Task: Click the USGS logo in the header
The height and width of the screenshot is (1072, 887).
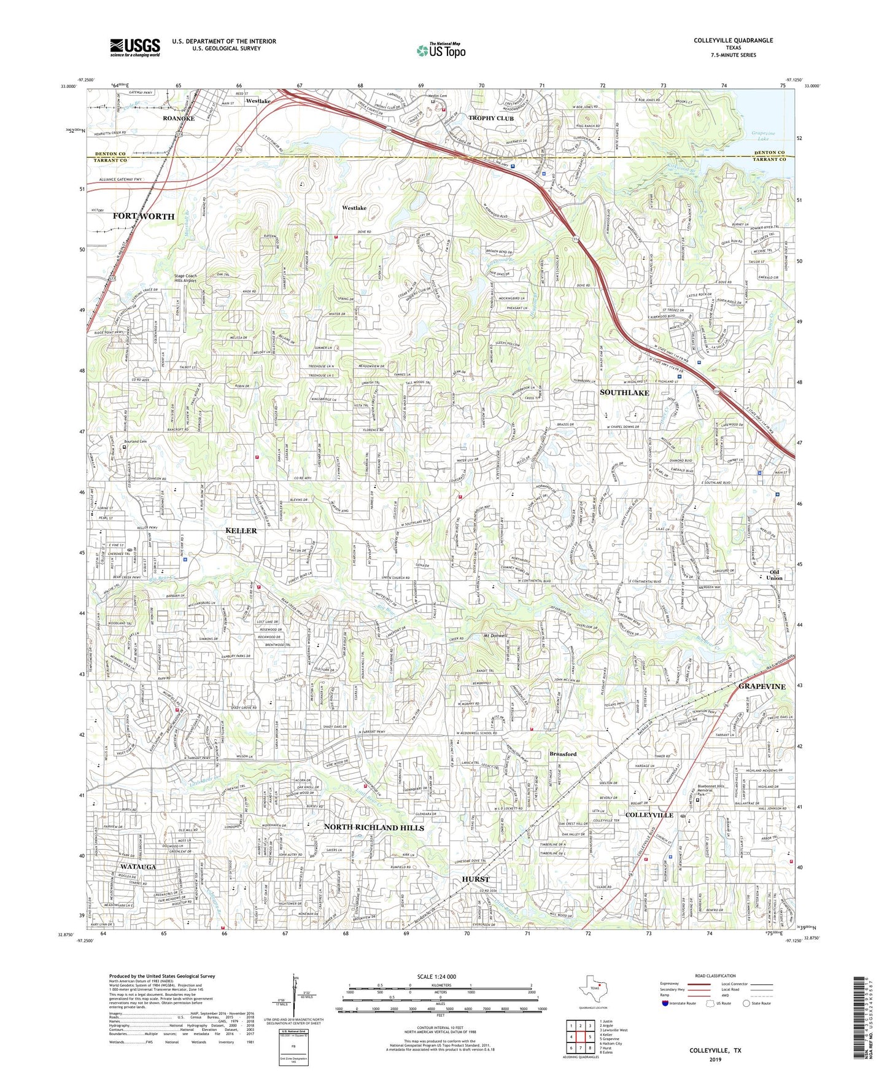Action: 135,47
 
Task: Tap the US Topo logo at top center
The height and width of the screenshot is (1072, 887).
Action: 440,50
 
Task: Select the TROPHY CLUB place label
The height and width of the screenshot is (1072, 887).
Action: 490,118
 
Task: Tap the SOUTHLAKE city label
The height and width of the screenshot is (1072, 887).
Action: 624,392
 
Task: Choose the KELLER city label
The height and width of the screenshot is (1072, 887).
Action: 241,530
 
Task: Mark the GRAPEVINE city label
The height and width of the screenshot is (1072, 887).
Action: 762,686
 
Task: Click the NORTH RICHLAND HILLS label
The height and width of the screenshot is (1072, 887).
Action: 374,828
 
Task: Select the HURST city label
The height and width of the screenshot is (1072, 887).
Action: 476,879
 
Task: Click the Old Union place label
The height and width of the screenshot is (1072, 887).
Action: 774,575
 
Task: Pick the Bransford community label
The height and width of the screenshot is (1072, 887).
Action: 562,754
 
